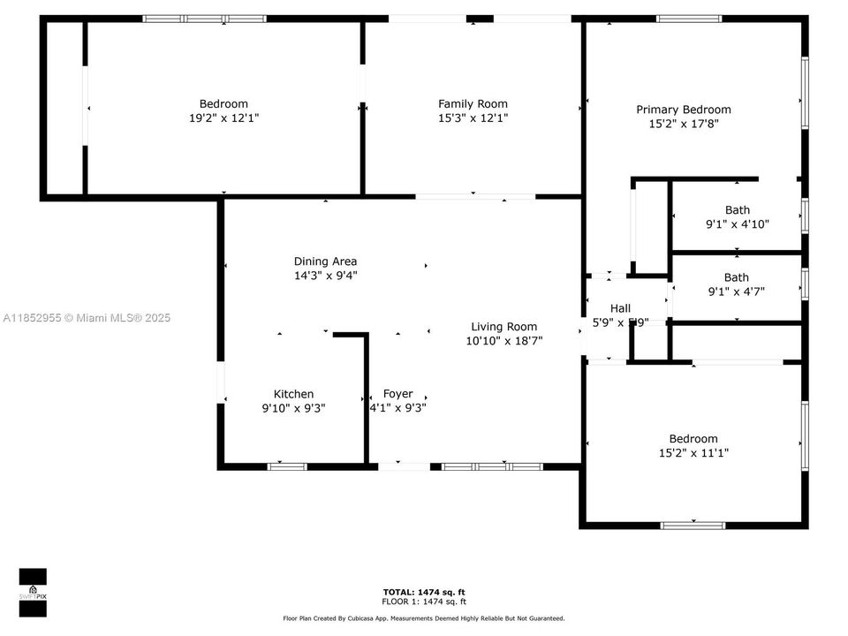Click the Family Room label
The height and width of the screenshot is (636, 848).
point(473,103)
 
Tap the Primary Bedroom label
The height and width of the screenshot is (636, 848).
point(684,110)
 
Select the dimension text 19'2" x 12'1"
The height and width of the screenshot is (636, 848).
point(223,117)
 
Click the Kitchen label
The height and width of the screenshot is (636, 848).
point(293,394)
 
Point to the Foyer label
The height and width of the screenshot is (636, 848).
point(397,394)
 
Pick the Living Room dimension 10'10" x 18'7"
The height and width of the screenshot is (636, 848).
point(503,340)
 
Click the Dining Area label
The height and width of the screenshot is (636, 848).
point(325,261)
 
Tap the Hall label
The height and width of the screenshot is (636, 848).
point(620,308)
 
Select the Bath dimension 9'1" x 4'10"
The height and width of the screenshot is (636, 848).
point(737,224)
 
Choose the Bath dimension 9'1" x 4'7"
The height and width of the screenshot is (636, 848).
point(737,291)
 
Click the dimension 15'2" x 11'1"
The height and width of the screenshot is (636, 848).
point(693,453)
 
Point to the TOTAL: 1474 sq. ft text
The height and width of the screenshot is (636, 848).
point(424,592)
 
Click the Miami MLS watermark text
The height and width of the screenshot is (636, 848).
point(87,318)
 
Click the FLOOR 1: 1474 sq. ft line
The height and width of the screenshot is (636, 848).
point(424,601)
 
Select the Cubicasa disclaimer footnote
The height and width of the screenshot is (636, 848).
point(424,618)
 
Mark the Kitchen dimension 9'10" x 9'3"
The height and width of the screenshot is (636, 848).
point(293,408)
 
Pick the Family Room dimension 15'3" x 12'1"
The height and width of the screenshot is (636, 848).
point(473,117)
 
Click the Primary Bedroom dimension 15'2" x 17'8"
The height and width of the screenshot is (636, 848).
point(684,125)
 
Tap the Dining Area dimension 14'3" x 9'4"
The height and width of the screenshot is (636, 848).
point(325,276)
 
